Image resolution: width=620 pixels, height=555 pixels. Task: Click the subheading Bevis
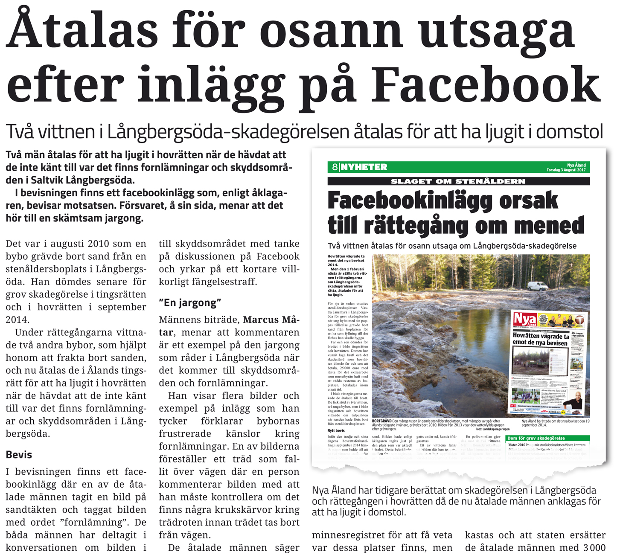point(19,455)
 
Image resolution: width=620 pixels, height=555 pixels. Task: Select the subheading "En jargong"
point(190,303)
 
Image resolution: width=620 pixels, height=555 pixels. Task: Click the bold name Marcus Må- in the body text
point(271,320)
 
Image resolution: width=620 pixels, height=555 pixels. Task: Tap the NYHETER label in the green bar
point(364,167)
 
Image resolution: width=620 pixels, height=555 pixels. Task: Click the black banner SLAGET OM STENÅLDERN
point(458,181)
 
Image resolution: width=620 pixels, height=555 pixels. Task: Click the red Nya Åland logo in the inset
point(524,319)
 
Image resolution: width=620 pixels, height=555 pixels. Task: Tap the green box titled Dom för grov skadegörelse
point(547,439)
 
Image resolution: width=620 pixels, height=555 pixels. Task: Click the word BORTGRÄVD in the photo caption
point(381,421)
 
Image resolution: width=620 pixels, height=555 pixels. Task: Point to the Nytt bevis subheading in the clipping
point(336,430)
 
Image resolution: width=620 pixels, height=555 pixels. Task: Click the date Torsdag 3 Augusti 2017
point(566,170)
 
